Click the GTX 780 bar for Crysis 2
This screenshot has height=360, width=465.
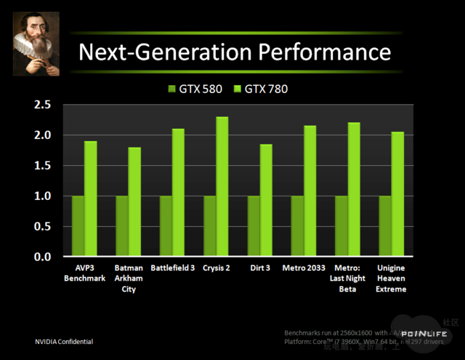pyautogui.click(x=222, y=187)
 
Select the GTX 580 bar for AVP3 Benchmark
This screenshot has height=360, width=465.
pyautogui.click(x=78, y=226)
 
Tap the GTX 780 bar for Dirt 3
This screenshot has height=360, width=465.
pyautogui.click(x=266, y=200)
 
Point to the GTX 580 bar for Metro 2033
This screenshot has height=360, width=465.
pyautogui.click(x=297, y=226)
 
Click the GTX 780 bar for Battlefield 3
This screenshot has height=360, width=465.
pyautogui.click(x=178, y=193)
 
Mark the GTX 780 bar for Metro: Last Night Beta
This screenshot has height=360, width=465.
pyautogui.click(x=354, y=190)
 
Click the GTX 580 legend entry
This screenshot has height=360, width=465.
pyautogui.click(x=193, y=89)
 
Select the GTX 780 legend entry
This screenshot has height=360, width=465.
pyautogui.click(x=261, y=89)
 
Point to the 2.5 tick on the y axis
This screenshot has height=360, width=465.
pyautogui.click(x=42, y=105)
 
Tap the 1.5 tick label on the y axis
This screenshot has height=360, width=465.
pyautogui.click(x=42, y=166)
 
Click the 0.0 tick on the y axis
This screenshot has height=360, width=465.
pyautogui.click(x=42, y=257)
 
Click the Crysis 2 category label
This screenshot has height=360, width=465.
pyautogui.click(x=217, y=268)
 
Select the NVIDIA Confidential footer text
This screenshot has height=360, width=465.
pyautogui.click(x=64, y=342)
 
